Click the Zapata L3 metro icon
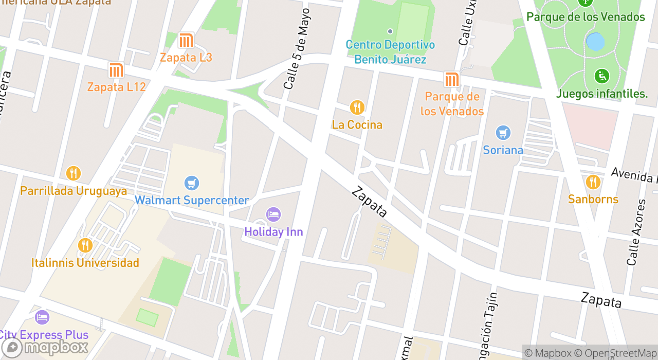(x=186, y=40)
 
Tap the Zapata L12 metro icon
(x=116, y=70)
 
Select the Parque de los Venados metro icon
(x=451, y=80)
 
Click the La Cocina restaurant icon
(x=357, y=107)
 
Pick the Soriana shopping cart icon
(x=503, y=133)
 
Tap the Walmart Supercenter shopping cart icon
(x=192, y=183)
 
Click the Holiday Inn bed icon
(x=273, y=214)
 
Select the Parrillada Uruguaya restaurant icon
(x=74, y=173)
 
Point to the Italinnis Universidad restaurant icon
(x=85, y=245)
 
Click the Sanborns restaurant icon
(x=593, y=182)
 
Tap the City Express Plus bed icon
(x=42, y=317)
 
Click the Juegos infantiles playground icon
(x=601, y=77)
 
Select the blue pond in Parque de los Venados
(x=595, y=42)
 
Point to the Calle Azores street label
(x=636, y=232)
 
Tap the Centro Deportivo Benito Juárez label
(x=390, y=52)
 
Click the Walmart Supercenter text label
(x=192, y=201)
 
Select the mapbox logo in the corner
(x=45, y=347)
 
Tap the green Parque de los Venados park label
(x=586, y=17)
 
